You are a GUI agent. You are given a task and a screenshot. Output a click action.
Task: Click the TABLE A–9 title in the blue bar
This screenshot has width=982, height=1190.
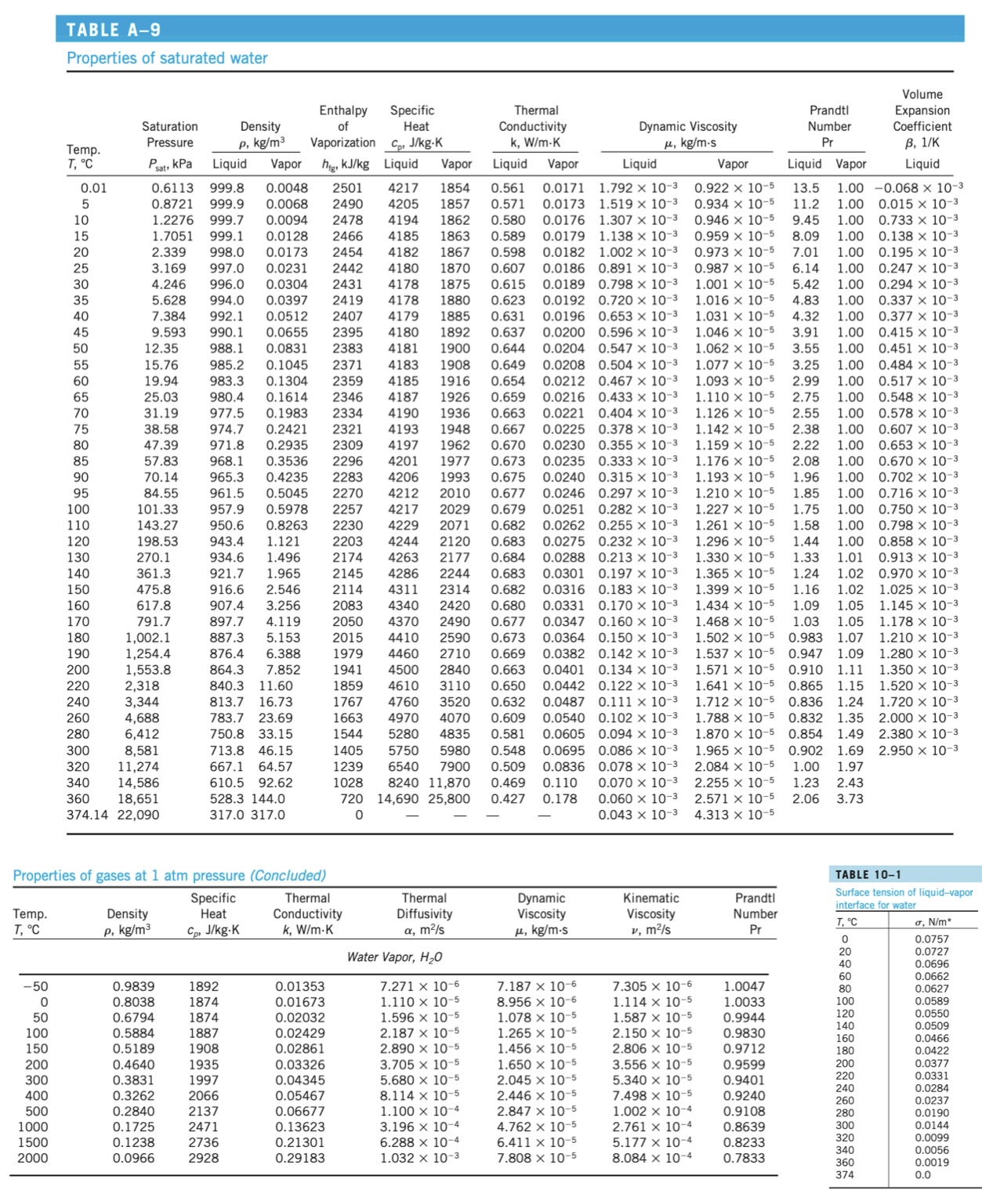click(x=114, y=30)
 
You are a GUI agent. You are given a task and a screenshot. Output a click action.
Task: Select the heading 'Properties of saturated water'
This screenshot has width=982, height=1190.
click(x=167, y=58)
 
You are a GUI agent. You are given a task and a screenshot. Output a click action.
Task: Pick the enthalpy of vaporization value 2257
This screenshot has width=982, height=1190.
click(x=347, y=509)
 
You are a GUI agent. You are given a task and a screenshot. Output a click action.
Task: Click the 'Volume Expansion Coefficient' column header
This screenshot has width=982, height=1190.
click(x=922, y=118)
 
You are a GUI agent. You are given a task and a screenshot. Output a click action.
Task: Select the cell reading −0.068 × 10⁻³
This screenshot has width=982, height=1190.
click(x=918, y=188)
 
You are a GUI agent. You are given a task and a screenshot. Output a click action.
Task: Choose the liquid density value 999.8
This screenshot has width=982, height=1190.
click(x=226, y=188)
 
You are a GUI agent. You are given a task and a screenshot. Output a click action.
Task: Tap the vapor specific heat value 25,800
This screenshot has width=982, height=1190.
click(x=449, y=798)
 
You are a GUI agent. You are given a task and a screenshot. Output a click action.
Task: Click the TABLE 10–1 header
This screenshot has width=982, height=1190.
click(x=868, y=874)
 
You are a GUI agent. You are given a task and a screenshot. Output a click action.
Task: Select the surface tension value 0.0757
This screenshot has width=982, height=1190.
click(x=931, y=939)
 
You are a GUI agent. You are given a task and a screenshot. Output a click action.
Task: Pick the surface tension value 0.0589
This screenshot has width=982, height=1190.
click(x=931, y=1000)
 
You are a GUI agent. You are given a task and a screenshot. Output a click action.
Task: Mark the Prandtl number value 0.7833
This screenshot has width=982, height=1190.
click(x=744, y=1158)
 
